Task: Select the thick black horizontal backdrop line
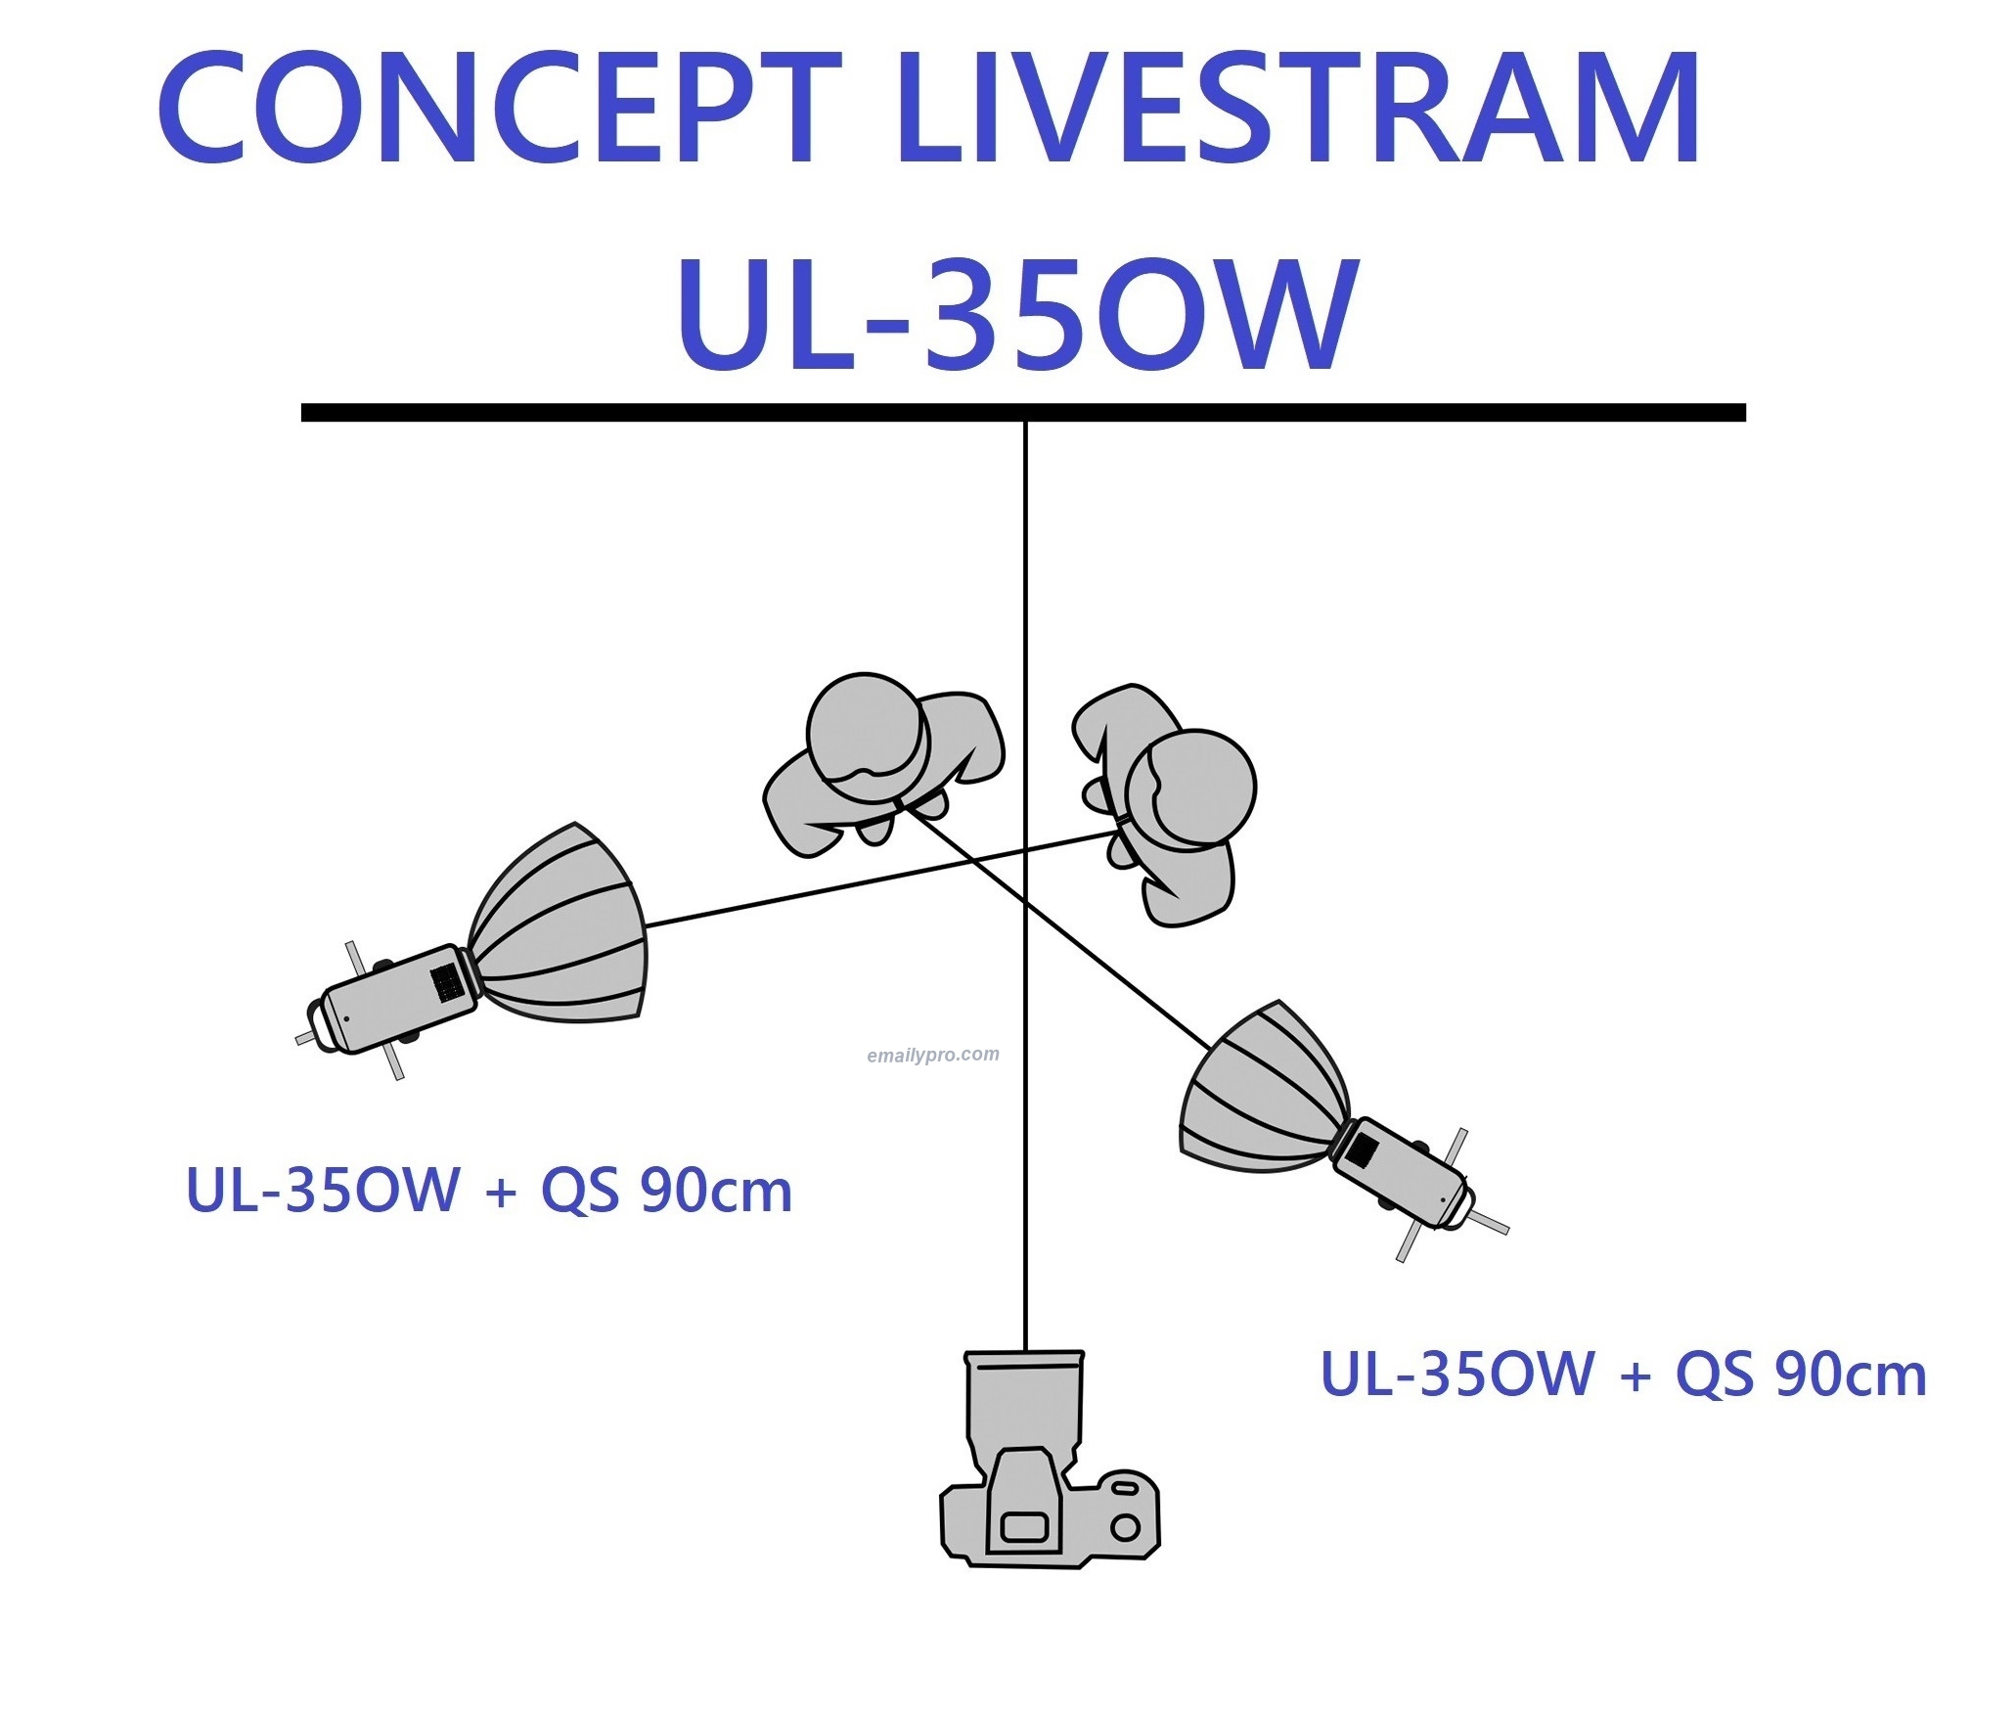tap(1022, 413)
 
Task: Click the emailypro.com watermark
tap(932, 1055)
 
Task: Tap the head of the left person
tap(867, 730)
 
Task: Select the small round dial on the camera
tap(1126, 1526)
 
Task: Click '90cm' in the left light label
tap(715, 1192)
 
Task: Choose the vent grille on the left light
tap(447, 982)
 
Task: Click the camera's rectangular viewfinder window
tap(1024, 1526)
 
